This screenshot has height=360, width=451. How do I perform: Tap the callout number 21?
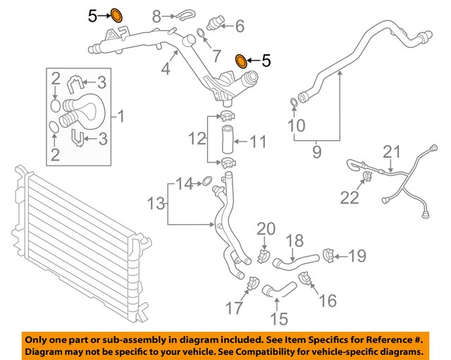pyautogui.click(x=391, y=151)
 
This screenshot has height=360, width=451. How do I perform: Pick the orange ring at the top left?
pyautogui.click(x=116, y=14)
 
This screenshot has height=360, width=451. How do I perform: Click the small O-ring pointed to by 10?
pyautogui.click(x=293, y=106)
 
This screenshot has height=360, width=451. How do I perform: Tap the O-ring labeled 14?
pyautogui.click(x=207, y=184)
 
